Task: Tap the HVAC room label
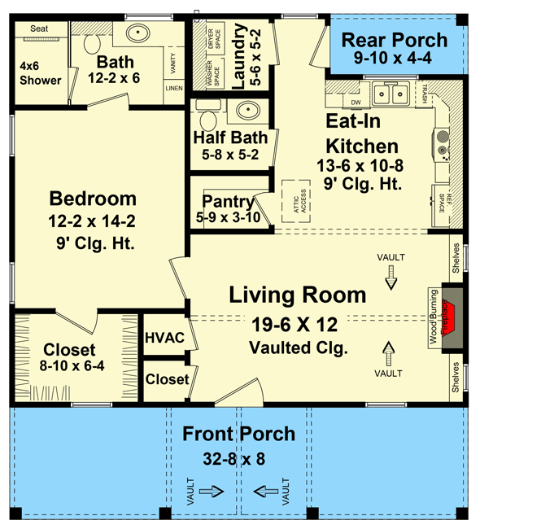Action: click(x=164, y=338)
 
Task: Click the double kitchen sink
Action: click(x=390, y=95)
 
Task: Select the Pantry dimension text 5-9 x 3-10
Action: click(x=228, y=217)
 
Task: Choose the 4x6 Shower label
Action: click(x=41, y=73)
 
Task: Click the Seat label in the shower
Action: click(x=39, y=28)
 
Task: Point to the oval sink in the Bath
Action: click(x=137, y=35)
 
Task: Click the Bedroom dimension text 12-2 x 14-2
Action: click(x=92, y=221)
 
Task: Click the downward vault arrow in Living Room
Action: click(x=390, y=279)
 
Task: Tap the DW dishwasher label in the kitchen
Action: click(x=356, y=103)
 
